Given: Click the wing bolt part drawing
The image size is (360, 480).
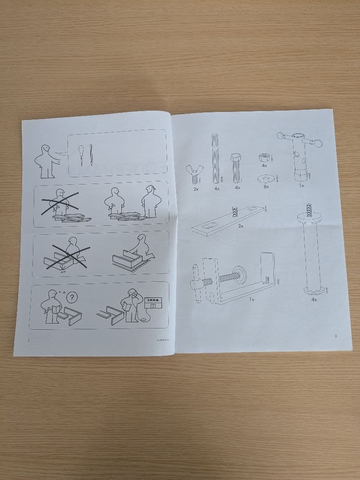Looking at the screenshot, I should [194, 174].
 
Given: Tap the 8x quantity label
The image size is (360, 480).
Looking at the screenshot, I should [266, 187].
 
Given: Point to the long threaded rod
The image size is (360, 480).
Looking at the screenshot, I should [216, 158].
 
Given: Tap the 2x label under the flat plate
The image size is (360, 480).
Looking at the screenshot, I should [240, 226].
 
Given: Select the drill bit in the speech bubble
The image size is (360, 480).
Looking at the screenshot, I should [91, 155].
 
